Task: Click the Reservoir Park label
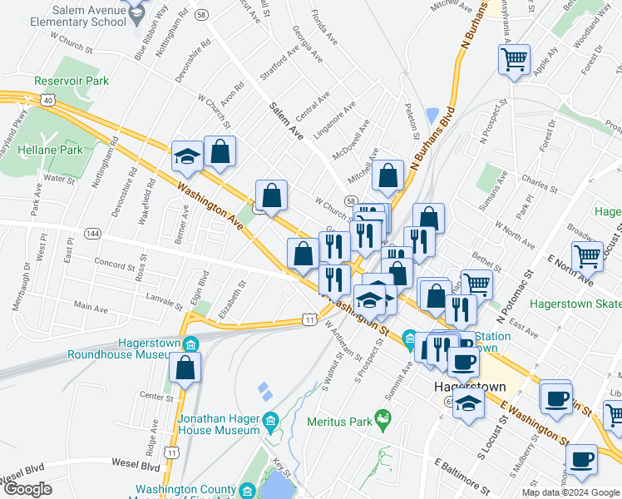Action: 72,82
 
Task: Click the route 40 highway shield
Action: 49,101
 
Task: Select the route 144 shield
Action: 93,234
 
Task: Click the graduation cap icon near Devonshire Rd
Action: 188,155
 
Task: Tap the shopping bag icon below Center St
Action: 185,368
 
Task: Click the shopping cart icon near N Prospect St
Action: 514,59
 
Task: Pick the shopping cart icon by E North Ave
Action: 587,256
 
